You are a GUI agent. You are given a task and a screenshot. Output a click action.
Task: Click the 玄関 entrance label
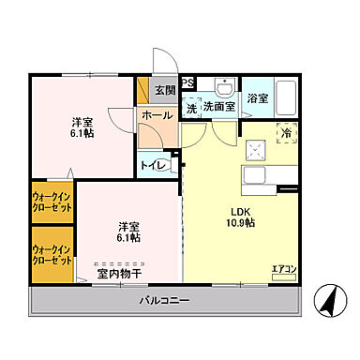click(165, 90)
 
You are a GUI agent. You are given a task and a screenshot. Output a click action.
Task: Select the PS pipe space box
click(187, 83)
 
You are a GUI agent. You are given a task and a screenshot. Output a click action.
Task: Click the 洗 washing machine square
click(191, 109)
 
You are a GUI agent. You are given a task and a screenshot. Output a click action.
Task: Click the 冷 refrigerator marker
click(286, 133)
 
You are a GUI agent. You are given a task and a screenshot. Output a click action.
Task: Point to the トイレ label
click(154, 166)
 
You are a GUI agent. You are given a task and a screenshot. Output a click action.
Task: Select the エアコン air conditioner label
click(283, 270)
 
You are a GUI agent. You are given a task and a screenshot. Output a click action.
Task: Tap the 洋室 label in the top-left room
click(82, 122)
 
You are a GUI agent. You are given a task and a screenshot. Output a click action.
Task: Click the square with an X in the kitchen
click(252, 147)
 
